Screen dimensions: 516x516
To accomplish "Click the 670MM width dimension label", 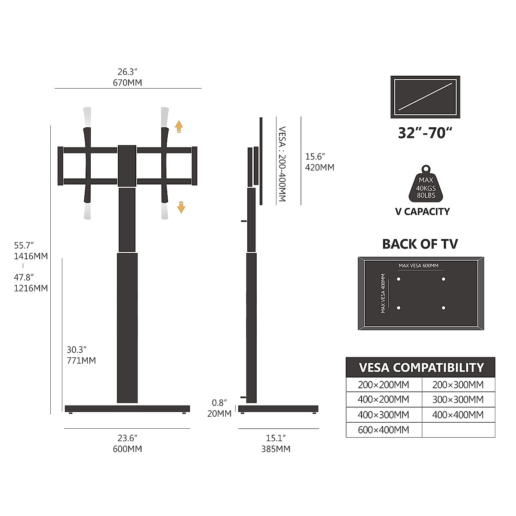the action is click(127, 82).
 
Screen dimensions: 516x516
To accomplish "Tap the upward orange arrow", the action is click(179, 126).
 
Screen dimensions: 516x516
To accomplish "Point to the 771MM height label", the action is click(81, 360).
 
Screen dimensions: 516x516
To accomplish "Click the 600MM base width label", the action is click(127, 449).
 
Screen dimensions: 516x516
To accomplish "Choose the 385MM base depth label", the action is click(276, 449).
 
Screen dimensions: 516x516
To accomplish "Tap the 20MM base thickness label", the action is click(219, 414).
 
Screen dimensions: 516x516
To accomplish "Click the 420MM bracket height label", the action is click(319, 167).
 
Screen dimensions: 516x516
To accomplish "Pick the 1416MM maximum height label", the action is click(31, 256).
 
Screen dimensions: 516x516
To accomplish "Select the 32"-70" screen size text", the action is click(425, 133).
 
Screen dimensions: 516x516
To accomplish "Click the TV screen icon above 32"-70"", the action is click(425, 97).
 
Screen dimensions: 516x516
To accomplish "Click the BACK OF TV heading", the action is click(420, 244).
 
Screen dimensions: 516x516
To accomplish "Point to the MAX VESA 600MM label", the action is click(418, 266).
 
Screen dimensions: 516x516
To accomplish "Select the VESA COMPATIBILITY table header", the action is click(421, 368).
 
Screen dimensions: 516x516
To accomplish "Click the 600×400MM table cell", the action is click(384, 430).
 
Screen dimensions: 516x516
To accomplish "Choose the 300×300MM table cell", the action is click(458, 399).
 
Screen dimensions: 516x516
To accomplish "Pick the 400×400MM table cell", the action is click(458, 415).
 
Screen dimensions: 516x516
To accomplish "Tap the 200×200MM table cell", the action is click(384, 385).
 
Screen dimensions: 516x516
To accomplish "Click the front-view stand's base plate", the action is click(127, 408).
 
